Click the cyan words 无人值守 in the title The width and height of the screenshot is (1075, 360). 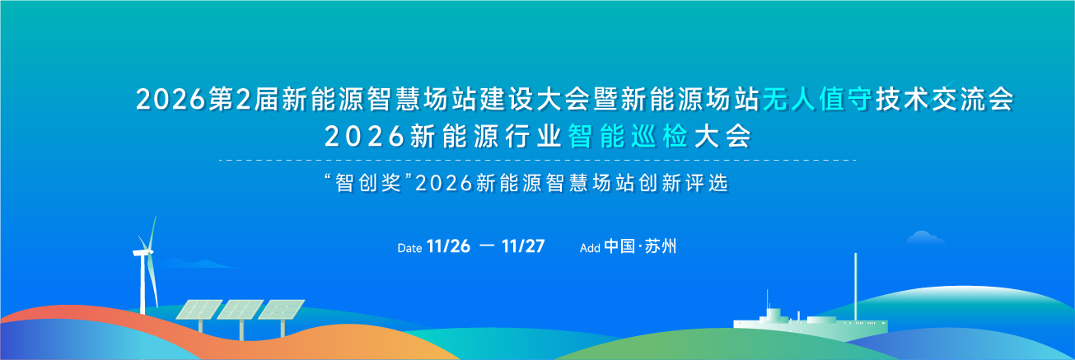tap(817, 100)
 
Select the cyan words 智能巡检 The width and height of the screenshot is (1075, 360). tap(629, 136)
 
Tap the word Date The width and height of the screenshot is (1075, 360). tap(409, 248)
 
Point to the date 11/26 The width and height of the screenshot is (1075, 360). tap(448, 246)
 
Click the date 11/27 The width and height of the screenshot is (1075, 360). tap(523, 246)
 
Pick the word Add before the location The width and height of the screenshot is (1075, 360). tap(590, 248)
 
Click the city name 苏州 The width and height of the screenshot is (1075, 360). tap(661, 246)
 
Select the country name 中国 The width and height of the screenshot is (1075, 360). tap(619, 246)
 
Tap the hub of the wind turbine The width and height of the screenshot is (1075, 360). tap(148, 252)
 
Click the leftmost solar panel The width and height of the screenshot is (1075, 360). tap(199, 310)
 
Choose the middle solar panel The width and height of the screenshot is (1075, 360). tap(240, 310)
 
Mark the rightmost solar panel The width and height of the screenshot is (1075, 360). tap(281, 310)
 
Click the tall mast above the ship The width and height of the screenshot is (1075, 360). tap(855, 286)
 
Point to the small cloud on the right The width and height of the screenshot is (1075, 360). tap(925, 237)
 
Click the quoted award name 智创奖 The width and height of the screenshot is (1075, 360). tap(367, 183)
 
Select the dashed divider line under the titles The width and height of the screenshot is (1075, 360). tap(537, 160)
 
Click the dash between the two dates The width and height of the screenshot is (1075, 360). tap(487, 246)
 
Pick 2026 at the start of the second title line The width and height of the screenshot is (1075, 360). tap(365, 137)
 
